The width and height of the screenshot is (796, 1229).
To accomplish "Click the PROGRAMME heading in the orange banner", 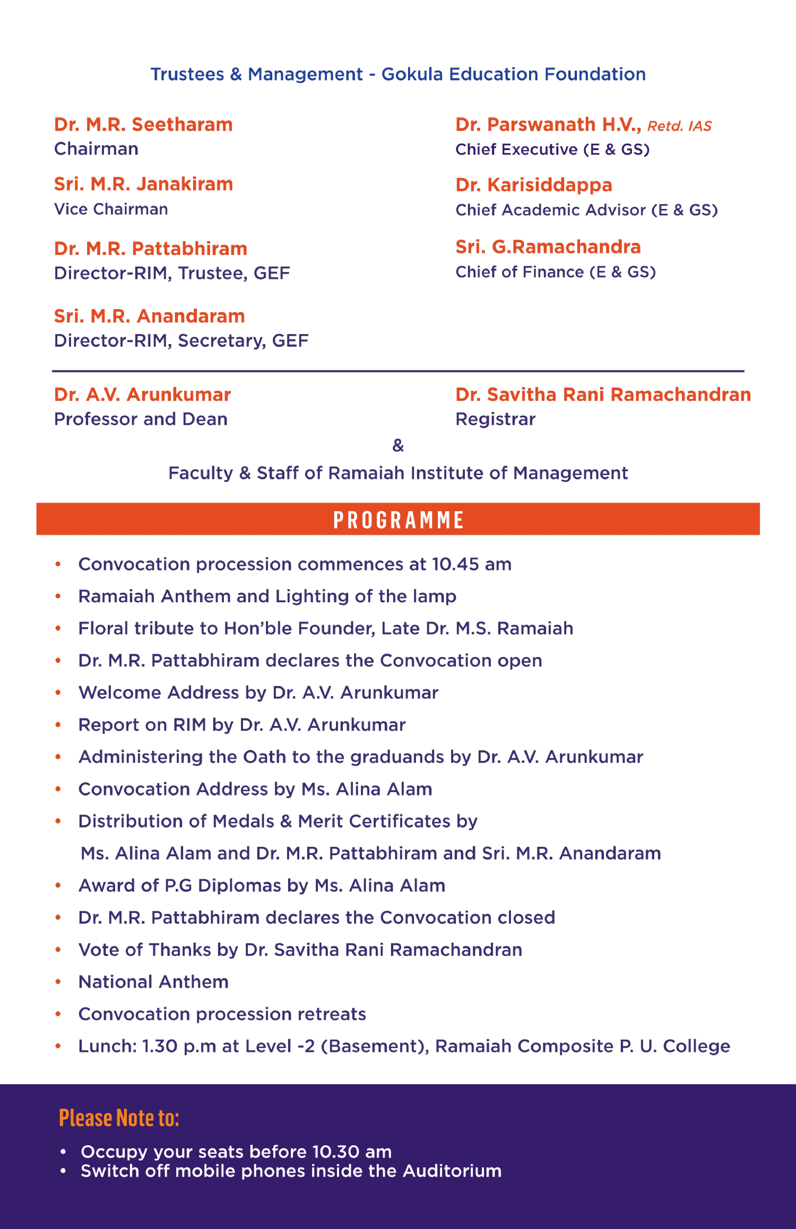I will coord(398,520).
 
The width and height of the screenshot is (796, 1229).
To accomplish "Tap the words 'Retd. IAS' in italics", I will coord(679,126).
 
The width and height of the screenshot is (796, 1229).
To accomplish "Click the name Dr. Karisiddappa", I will coord(533,185).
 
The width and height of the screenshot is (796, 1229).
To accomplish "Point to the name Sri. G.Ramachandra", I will coord(548,247).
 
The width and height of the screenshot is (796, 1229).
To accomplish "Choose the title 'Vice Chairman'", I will coord(111,209).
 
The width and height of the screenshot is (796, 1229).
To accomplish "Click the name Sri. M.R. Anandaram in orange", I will coord(149,316).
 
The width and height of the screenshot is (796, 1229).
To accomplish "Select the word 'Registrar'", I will coord(495,419).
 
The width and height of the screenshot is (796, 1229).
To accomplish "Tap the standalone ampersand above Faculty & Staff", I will coord(398,445).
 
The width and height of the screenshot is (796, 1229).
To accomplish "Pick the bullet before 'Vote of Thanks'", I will coord(58,950).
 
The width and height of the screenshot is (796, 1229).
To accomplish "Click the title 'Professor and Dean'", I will coord(141,419).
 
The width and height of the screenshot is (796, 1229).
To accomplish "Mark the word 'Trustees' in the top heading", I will coord(187,74).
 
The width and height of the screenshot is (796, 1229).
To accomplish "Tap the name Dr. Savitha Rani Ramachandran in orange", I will coord(603,394).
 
